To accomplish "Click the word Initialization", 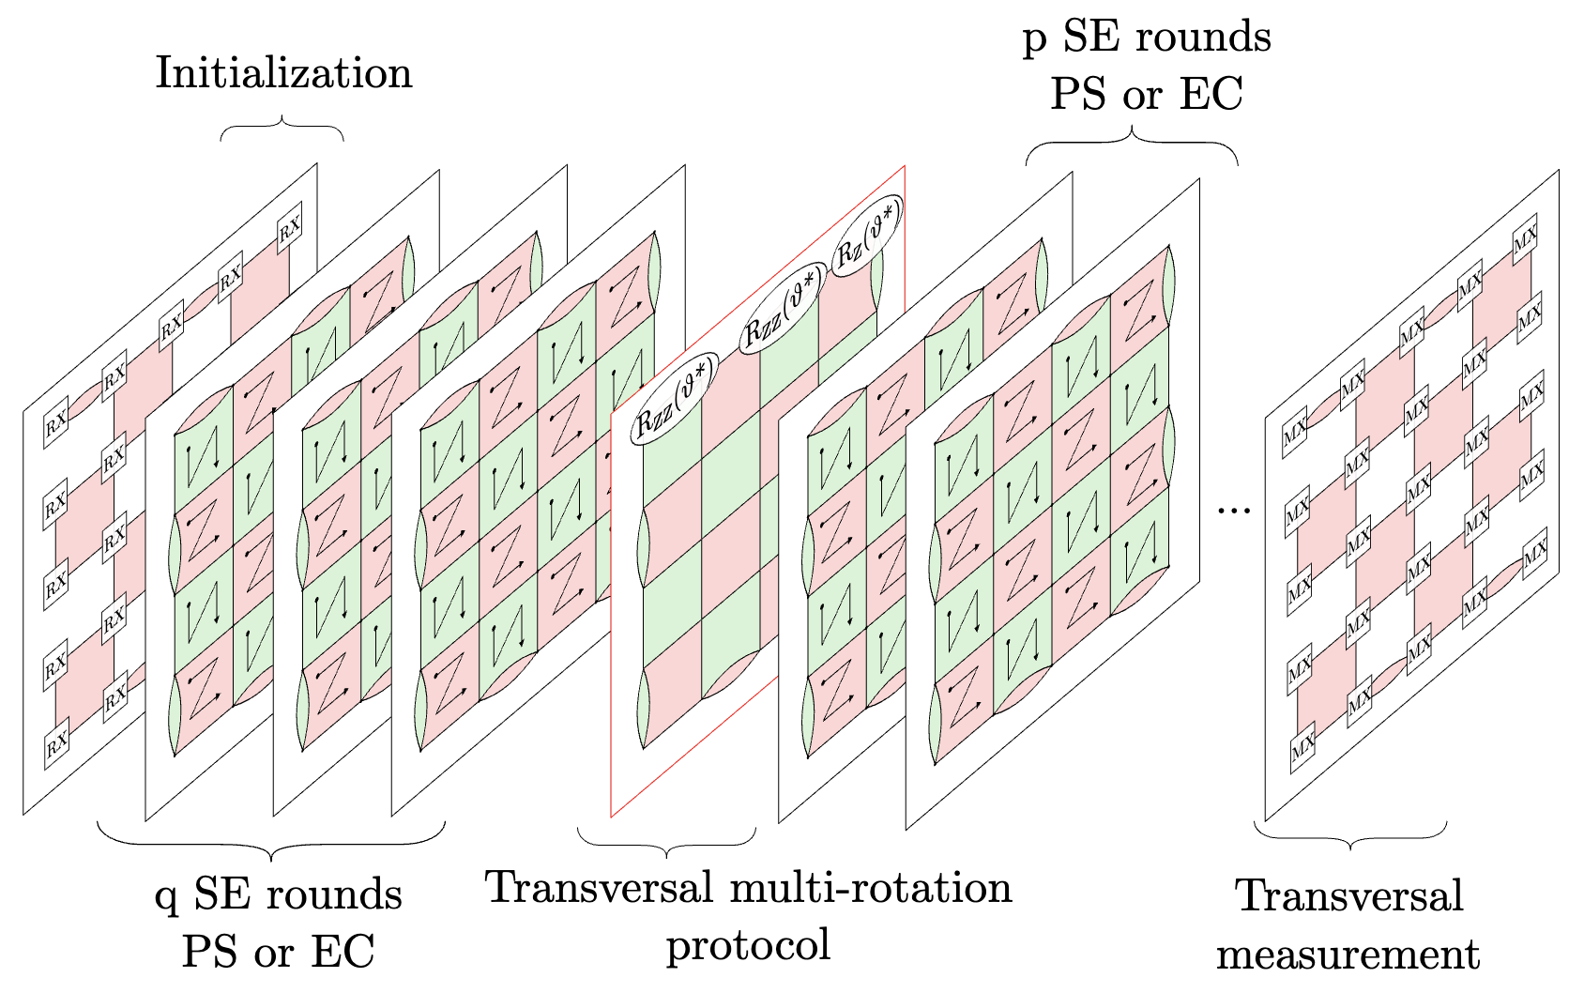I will pyautogui.click(x=283, y=73).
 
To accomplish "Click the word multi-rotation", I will pyautogui.click(x=876, y=888).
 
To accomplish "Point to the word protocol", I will pyautogui.click(x=748, y=944).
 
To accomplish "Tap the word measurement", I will pyautogui.click(x=1348, y=955).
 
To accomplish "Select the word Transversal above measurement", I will pyautogui.click(x=1349, y=896).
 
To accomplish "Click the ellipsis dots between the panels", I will pyautogui.click(x=1234, y=510).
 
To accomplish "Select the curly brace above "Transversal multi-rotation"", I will pyautogui.click(x=666, y=841).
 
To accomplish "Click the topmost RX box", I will pyautogui.click(x=289, y=227).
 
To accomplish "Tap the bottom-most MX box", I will pyautogui.click(x=1302, y=747).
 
